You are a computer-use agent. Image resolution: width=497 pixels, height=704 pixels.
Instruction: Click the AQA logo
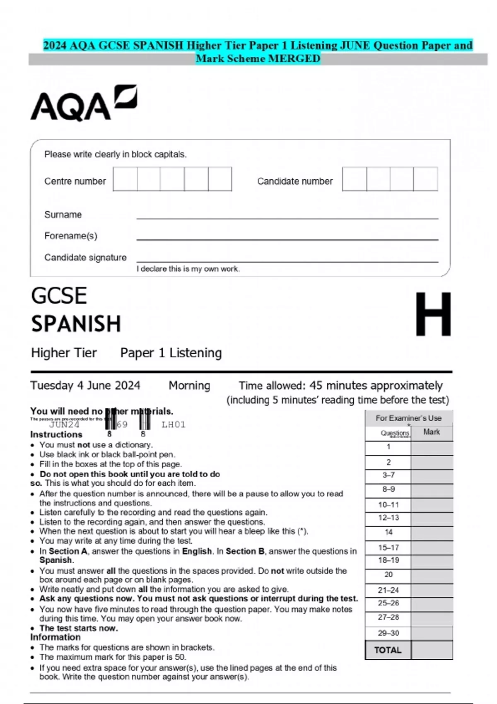pos(84,104)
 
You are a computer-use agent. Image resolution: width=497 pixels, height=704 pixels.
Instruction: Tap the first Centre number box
pos(125,179)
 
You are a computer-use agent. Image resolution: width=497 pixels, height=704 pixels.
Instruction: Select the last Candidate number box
pos(426,179)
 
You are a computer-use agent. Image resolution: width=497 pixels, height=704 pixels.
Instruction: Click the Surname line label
pos(63,215)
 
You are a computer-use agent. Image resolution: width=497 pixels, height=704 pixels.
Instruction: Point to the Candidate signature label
pos(85,258)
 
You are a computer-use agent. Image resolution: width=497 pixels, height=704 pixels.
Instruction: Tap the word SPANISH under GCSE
pos(76,324)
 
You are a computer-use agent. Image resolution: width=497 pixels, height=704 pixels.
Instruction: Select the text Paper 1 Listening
pos(171,353)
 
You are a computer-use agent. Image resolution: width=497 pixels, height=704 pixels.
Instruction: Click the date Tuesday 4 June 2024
pos(85,386)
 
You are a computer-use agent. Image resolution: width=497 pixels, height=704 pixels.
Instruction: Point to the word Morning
pos(189,386)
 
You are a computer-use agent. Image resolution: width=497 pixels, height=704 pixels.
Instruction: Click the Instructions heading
pos(56,434)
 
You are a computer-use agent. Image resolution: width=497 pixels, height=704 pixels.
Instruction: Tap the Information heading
pos(55,637)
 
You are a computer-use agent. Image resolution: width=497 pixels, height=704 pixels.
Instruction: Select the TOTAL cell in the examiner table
pos(388,650)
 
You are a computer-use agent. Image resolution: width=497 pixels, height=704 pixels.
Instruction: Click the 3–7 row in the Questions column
pos(388,475)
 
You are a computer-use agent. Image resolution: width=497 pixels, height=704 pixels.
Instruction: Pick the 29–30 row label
pos(388,633)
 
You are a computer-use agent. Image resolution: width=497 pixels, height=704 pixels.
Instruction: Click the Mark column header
pos(432,432)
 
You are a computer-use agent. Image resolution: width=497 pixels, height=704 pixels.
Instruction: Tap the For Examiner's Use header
pos(408,418)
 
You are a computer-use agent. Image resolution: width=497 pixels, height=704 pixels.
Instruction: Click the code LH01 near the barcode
pos(173,424)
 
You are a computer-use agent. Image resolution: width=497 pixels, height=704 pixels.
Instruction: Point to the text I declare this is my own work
pos(188,269)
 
